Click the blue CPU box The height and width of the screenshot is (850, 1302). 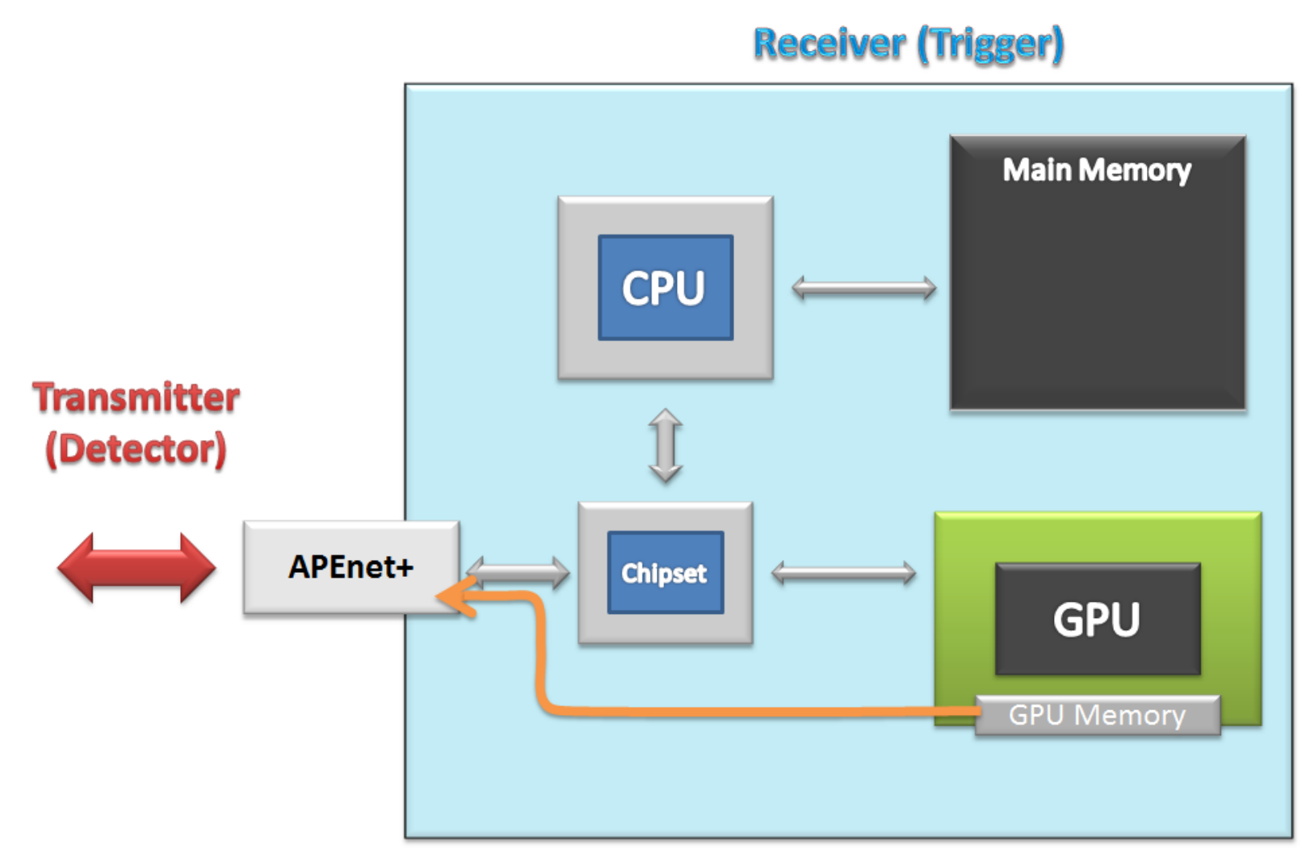click(x=666, y=288)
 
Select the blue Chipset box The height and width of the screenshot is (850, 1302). click(x=666, y=573)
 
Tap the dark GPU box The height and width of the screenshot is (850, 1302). click(x=1098, y=619)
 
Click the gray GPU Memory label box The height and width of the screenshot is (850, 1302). click(x=1098, y=716)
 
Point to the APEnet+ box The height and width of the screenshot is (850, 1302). click(x=351, y=567)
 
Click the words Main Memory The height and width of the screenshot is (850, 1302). click(x=1097, y=170)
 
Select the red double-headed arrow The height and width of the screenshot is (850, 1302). click(x=136, y=568)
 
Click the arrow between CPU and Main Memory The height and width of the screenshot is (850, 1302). click(x=864, y=288)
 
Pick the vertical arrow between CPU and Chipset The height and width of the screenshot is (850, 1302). click(x=666, y=445)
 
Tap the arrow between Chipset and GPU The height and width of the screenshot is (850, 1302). click(x=844, y=573)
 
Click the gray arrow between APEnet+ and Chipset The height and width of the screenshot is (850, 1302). click(x=519, y=573)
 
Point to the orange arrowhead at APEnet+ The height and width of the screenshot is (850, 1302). click(x=456, y=597)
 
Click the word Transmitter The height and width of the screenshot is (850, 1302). click(x=136, y=398)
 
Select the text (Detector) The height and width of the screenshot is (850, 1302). click(x=136, y=449)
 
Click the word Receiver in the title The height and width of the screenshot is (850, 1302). click(x=829, y=44)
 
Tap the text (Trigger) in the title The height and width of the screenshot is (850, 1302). click(x=991, y=45)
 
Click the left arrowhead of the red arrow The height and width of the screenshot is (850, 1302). click(x=76, y=568)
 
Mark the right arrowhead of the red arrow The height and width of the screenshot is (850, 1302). click(x=198, y=568)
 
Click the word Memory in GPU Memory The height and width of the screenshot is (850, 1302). click(x=1129, y=716)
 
